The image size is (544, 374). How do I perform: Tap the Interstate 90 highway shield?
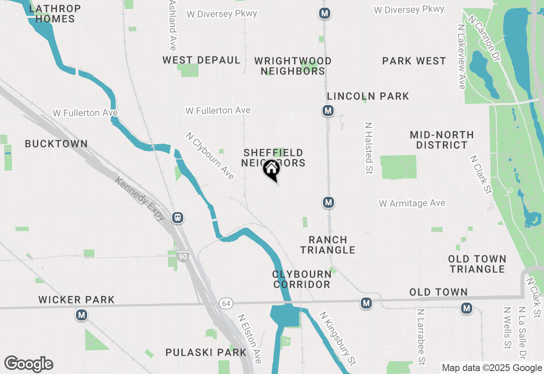coord(183,256)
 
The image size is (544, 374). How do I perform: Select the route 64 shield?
coord(226,303)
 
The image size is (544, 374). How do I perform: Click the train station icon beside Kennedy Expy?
coord(178,218)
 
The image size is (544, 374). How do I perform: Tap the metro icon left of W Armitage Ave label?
coord(328,202)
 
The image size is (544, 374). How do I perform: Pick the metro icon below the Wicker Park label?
coord(81,315)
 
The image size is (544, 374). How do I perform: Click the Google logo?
coord(28,364)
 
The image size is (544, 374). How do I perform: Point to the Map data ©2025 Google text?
coord(491,368)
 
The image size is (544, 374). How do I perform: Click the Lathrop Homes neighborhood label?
coord(52,14)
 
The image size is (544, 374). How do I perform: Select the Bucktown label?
coord(56,144)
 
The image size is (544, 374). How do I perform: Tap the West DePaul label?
coord(201,60)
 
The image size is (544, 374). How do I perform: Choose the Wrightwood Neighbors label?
coord(293,66)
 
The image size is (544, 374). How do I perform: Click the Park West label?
coord(414,61)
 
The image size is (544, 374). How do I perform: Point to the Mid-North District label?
coord(442,140)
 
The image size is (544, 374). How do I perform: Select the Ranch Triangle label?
coord(328,245)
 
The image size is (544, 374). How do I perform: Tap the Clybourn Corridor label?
coord(302,279)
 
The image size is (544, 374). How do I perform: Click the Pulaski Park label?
coord(206,352)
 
